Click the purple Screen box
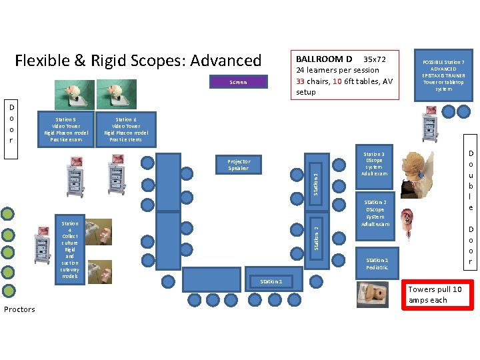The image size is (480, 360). pyautogui.click(x=238, y=82)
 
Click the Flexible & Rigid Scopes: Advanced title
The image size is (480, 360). pyautogui.click(x=138, y=61)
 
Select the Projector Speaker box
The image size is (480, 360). pyautogui.click(x=238, y=165)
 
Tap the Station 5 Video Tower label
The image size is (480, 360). pyautogui.click(x=65, y=129)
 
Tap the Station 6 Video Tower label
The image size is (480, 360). pyautogui.click(x=126, y=129)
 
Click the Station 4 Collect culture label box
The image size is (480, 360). pyautogui.click(x=69, y=250)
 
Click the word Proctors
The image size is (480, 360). pyautogui.click(x=19, y=309)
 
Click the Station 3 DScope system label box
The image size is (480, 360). pyautogui.click(x=374, y=164)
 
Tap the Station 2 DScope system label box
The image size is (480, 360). pyautogui.click(x=375, y=213)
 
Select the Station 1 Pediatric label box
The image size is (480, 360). pyautogui.click(x=377, y=263)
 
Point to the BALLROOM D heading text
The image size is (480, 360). pyautogui.click(x=324, y=59)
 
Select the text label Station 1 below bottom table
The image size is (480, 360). pyautogui.click(x=271, y=281)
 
